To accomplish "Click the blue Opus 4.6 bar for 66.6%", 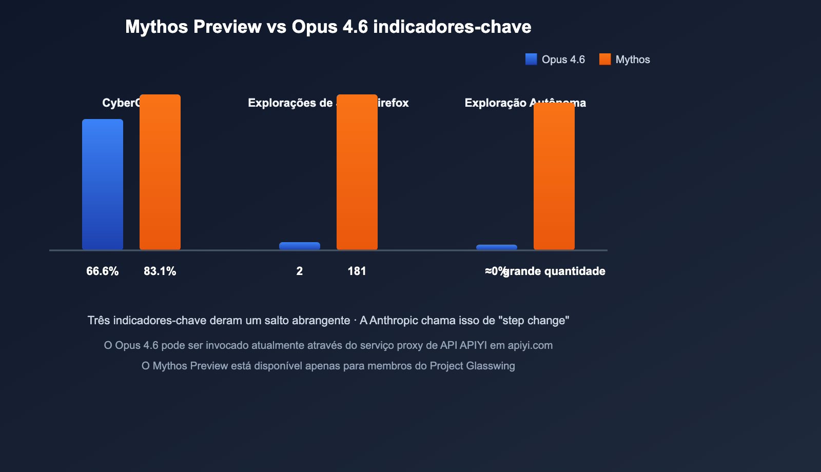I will click(103, 185).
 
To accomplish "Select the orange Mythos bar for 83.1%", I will click(160, 172).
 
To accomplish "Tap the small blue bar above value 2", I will click(300, 246).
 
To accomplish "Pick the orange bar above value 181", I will click(357, 172).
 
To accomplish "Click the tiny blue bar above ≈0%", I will click(497, 247).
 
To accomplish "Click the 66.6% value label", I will click(103, 271).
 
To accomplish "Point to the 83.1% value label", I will click(160, 271).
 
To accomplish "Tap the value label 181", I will click(357, 271).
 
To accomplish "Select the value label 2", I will click(300, 271).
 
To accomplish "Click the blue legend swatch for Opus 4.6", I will click(531, 60).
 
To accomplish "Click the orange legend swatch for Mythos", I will click(605, 60).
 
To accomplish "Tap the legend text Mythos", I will click(633, 60).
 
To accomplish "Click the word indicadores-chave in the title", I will click(452, 27).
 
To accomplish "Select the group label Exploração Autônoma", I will click(525, 103).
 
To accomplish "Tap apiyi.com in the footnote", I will click(530, 345).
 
